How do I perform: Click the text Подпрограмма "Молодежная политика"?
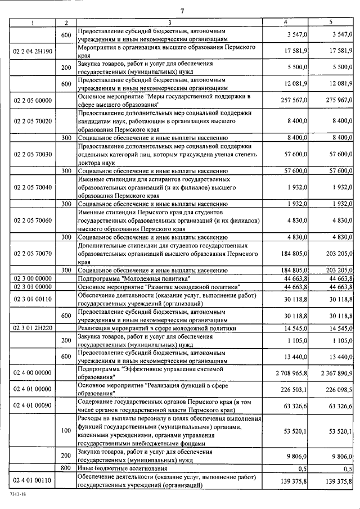pos(138,278)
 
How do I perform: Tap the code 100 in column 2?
pos(66,431)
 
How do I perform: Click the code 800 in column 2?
pos(66,468)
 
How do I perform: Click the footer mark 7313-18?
pos(18,493)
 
